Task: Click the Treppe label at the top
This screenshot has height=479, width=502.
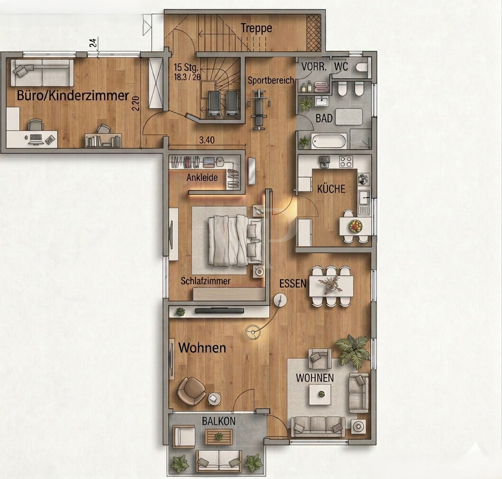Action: [x=256, y=28]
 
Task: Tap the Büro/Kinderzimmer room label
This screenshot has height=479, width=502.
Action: [x=73, y=96]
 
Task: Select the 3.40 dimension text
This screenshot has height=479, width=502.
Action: [x=207, y=140]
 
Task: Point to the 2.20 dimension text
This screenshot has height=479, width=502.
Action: [x=136, y=104]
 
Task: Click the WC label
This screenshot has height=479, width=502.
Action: [x=341, y=67]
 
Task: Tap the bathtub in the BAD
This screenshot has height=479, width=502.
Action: [x=329, y=141]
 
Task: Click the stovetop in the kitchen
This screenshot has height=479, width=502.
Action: [x=346, y=162]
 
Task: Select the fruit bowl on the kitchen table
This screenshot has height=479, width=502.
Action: [x=355, y=226]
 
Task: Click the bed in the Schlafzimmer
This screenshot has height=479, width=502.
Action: [x=235, y=240]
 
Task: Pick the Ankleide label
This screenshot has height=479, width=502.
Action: [x=202, y=177]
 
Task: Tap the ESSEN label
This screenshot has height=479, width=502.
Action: [x=293, y=283]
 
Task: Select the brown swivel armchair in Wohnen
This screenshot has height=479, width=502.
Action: [x=191, y=391]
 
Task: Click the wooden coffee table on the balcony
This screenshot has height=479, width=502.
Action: [x=219, y=437]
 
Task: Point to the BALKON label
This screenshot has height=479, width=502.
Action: [x=219, y=421]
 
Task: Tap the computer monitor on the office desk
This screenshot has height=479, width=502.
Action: [x=36, y=137]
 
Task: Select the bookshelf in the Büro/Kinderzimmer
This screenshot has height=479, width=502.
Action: [x=103, y=141]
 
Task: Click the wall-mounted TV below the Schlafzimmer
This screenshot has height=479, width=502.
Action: [x=220, y=311]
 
